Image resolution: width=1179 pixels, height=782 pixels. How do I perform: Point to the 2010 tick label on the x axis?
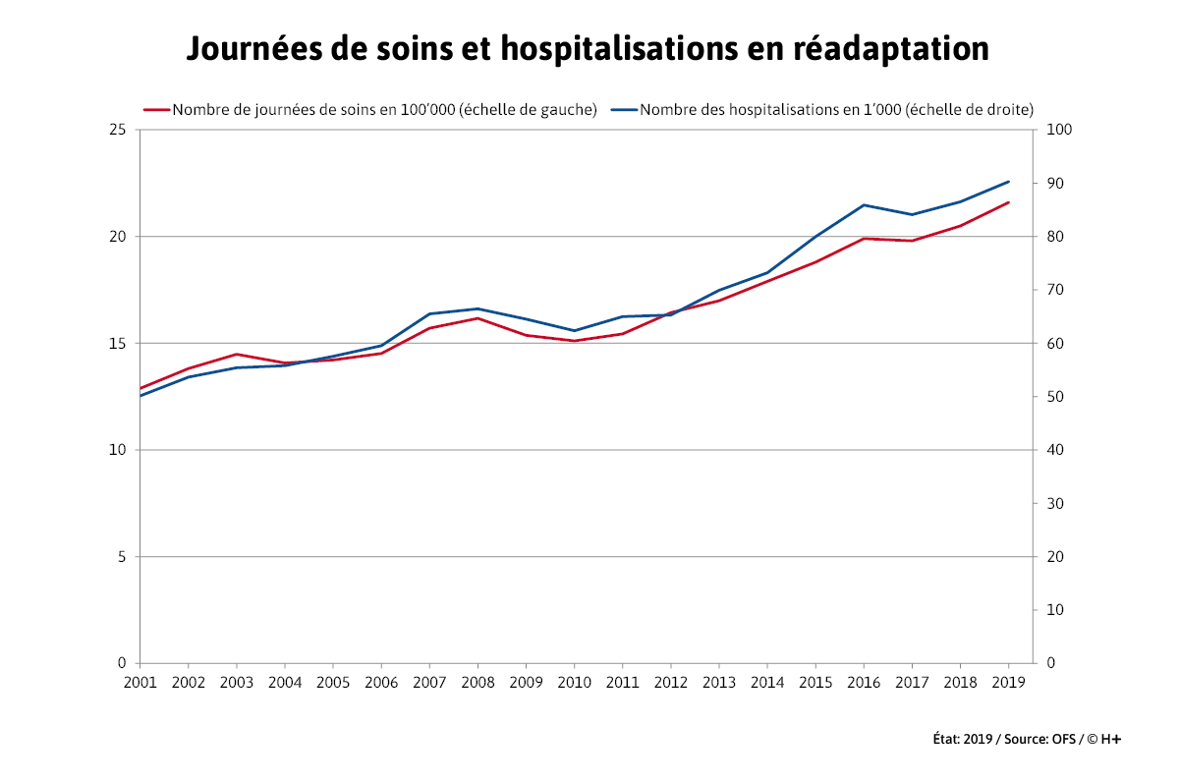click(x=574, y=682)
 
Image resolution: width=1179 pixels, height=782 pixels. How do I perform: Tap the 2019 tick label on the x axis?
click(x=1008, y=682)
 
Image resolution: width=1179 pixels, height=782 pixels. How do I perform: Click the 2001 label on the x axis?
click(x=140, y=682)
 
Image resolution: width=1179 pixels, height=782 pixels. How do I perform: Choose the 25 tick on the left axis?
click(x=117, y=130)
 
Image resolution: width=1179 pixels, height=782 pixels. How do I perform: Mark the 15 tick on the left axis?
click(x=117, y=343)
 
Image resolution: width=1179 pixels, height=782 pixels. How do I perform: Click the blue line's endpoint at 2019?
click(x=1009, y=181)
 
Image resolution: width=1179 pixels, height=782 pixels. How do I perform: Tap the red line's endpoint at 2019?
click(x=1009, y=202)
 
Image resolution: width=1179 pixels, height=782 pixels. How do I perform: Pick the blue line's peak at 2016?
click(x=864, y=204)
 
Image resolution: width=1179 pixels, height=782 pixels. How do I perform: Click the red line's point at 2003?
click(x=236, y=354)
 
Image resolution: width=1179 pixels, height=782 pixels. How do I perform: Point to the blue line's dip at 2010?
click(x=574, y=331)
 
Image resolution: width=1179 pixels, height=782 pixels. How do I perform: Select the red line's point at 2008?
click(x=477, y=317)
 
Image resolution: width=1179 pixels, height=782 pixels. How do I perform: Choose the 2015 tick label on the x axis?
click(x=815, y=682)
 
